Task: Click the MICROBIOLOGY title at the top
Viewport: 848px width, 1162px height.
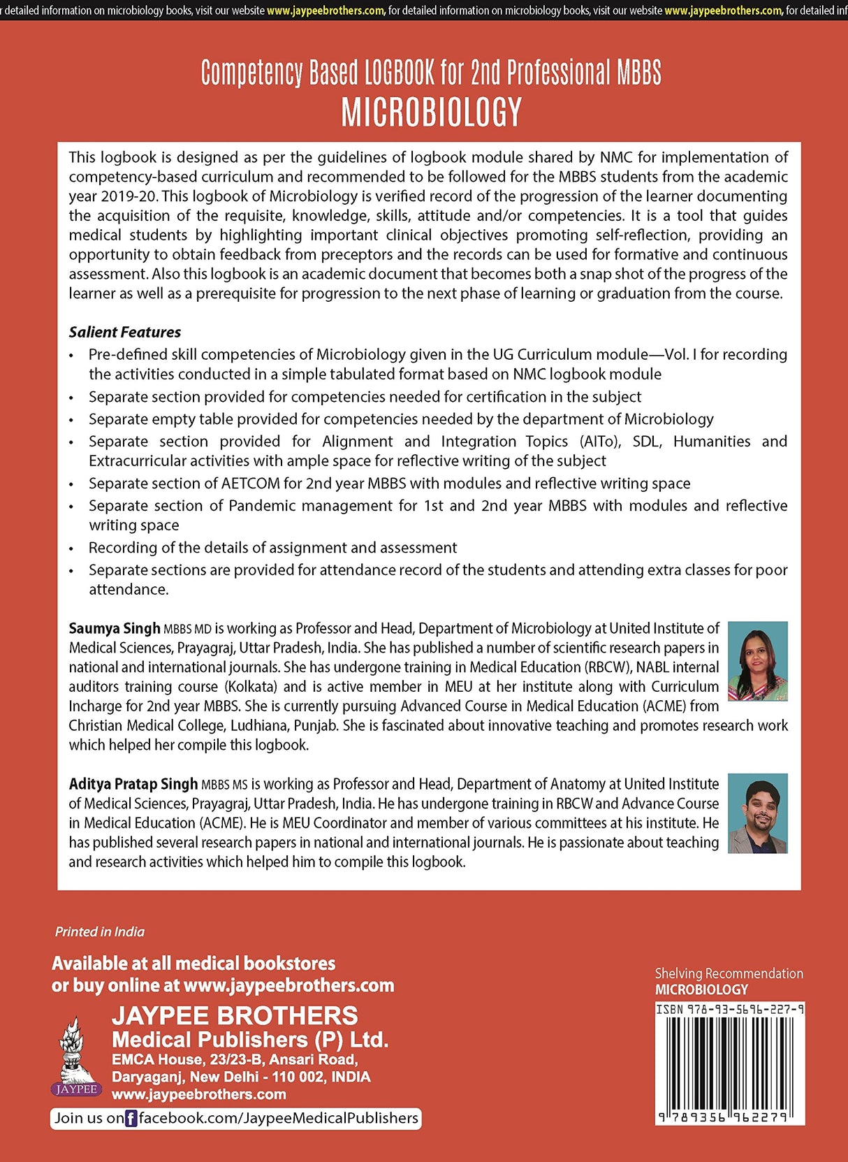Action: coord(431,112)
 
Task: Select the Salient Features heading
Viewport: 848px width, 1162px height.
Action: coord(124,332)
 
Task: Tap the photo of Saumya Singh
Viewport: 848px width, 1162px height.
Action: coord(757,661)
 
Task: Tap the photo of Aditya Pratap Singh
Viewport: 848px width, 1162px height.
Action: coord(757,813)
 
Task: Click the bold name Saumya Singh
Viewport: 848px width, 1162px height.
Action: coord(115,628)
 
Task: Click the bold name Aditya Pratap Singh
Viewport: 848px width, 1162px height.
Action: coord(133,784)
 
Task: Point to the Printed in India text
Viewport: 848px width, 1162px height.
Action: coord(100,931)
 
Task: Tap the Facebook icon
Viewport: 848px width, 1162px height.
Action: coord(131,1118)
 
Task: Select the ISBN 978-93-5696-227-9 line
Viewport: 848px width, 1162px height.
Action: coord(729,1010)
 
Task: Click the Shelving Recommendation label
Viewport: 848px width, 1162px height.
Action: coord(729,973)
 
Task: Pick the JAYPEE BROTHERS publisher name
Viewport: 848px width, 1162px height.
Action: coord(235,1015)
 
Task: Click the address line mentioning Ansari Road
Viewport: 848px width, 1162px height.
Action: coord(235,1059)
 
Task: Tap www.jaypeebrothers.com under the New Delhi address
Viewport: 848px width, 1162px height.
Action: coord(199,1094)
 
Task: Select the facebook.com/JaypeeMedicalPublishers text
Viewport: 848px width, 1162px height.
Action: coord(278,1118)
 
